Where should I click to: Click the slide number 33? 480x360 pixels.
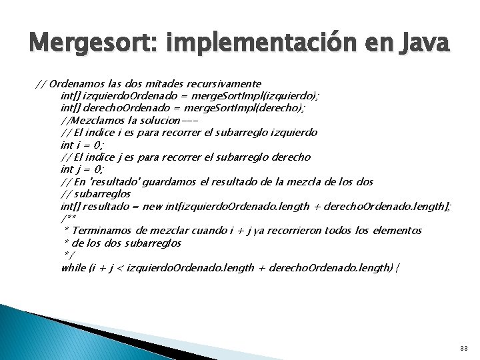pyautogui.click(x=463, y=349)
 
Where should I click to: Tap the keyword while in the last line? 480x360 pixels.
pyautogui.click(x=73, y=267)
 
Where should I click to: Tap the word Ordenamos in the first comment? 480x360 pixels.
pyautogui.click(x=73, y=84)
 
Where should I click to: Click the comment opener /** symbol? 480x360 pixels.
pyautogui.click(x=67, y=219)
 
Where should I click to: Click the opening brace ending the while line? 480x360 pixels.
pyautogui.click(x=398, y=267)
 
